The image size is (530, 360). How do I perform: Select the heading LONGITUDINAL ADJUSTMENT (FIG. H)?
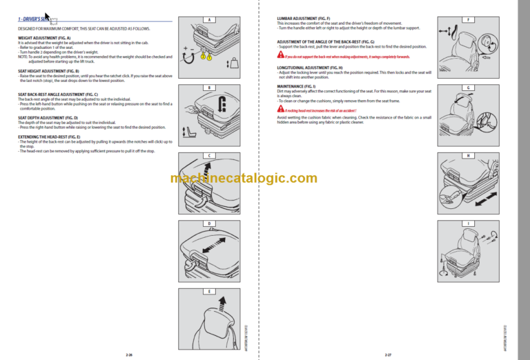coord(306,68)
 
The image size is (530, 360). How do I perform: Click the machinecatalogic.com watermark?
coord(244,179)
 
